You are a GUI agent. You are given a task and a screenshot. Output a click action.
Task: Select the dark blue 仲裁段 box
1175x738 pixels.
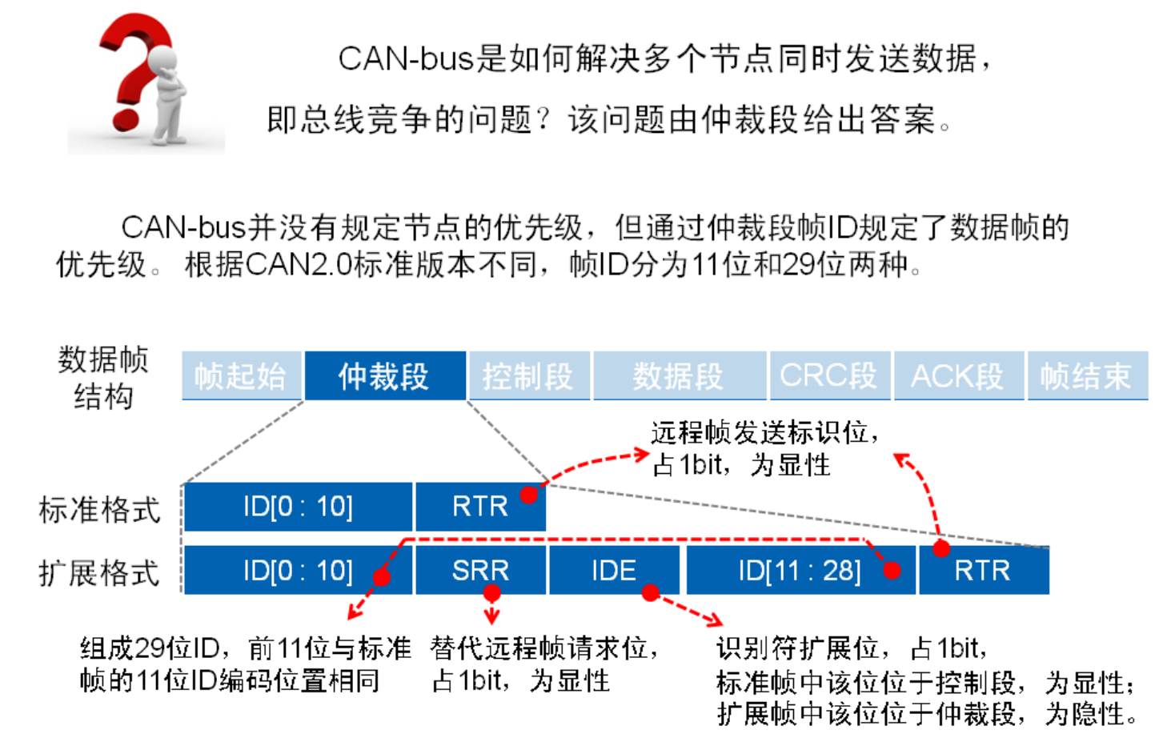coord(384,375)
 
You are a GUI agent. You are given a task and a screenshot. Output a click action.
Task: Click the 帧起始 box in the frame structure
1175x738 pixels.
coord(241,375)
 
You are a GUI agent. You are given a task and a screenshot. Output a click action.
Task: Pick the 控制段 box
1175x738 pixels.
coord(528,375)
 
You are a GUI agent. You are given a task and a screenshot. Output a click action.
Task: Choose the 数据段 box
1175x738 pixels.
coord(679,375)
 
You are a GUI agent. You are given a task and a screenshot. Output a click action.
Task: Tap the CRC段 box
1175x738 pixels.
coord(828,375)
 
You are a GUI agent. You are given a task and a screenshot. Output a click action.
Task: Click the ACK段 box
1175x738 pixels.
coord(957,375)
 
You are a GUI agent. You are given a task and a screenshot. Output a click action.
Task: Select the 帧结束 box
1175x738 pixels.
coord(1086,375)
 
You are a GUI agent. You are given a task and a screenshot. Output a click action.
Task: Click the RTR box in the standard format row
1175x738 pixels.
coord(479,507)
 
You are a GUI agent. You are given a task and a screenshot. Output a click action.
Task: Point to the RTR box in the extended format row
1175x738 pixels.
coord(982,571)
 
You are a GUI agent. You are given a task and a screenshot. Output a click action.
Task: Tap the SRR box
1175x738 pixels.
coord(479,571)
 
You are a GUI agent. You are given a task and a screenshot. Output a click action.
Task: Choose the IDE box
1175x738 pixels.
coord(613,571)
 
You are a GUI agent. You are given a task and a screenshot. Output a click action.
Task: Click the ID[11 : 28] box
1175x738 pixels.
coord(800,571)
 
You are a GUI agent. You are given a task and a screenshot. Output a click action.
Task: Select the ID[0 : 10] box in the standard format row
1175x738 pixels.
coord(298,507)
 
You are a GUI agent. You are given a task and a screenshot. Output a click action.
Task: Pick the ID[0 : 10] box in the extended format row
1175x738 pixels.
coord(298,571)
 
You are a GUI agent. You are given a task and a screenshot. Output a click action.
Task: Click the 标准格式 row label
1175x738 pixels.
coord(99,509)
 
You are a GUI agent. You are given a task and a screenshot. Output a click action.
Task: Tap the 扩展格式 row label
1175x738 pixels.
coord(99,573)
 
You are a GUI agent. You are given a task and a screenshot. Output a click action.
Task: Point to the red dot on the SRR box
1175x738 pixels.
coord(491,593)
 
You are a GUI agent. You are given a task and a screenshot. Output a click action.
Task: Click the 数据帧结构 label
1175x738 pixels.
coord(103,377)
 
